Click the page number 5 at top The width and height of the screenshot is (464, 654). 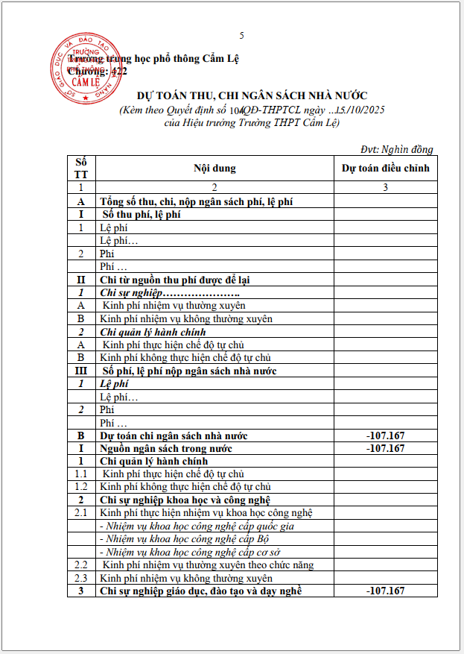coord(241,36)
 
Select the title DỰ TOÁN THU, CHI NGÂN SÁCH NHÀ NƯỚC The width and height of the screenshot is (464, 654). coord(252,95)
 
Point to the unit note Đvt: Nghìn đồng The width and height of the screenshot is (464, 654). coord(396,149)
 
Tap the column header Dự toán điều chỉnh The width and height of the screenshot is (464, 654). coord(385,169)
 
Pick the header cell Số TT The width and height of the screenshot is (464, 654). coord(80,169)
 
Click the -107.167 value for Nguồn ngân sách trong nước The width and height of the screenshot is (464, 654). coord(385,448)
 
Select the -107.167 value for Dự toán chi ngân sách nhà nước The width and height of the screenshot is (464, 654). coord(385,436)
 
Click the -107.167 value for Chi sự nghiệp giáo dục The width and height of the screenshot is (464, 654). coord(385,591)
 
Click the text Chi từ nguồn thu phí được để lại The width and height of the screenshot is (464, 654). coord(174,280)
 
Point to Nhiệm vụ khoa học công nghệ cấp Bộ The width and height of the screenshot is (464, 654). coord(184,538)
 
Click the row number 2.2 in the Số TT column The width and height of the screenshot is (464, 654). coord(80,565)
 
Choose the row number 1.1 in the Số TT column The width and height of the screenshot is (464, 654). coord(80,474)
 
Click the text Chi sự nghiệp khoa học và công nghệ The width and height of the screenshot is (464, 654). coord(185,500)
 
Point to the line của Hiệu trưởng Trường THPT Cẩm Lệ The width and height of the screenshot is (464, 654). coord(252,123)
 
